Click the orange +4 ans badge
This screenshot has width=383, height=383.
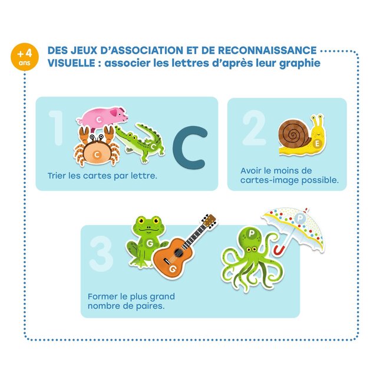pyautogui.click(x=25, y=57)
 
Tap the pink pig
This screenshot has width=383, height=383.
pyautogui.click(x=103, y=118)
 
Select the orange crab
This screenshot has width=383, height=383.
pyautogui.click(x=97, y=147)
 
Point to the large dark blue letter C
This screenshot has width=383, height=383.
pyautogui.click(x=190, y=147)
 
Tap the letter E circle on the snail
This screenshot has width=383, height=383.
pyautogui.click(x=317, y=144)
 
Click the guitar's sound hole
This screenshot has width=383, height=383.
pyautogui.click(x=178, y=253)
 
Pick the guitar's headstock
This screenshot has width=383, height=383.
pyautogui.click(x=209, y=221)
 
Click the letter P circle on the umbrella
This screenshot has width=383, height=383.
pyautogui.click(x=300, y=217)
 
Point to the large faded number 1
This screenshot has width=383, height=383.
pyautogui.click(x=56, y=128)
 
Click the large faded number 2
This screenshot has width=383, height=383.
pyautogui.click(x=253, y=128)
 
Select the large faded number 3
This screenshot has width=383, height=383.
pyautogui.click(x=101, y=254)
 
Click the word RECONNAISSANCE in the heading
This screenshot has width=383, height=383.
pyautogui.click(x=267, y=50)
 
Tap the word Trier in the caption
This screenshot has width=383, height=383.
pyautogui.click(x=57, y=176)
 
